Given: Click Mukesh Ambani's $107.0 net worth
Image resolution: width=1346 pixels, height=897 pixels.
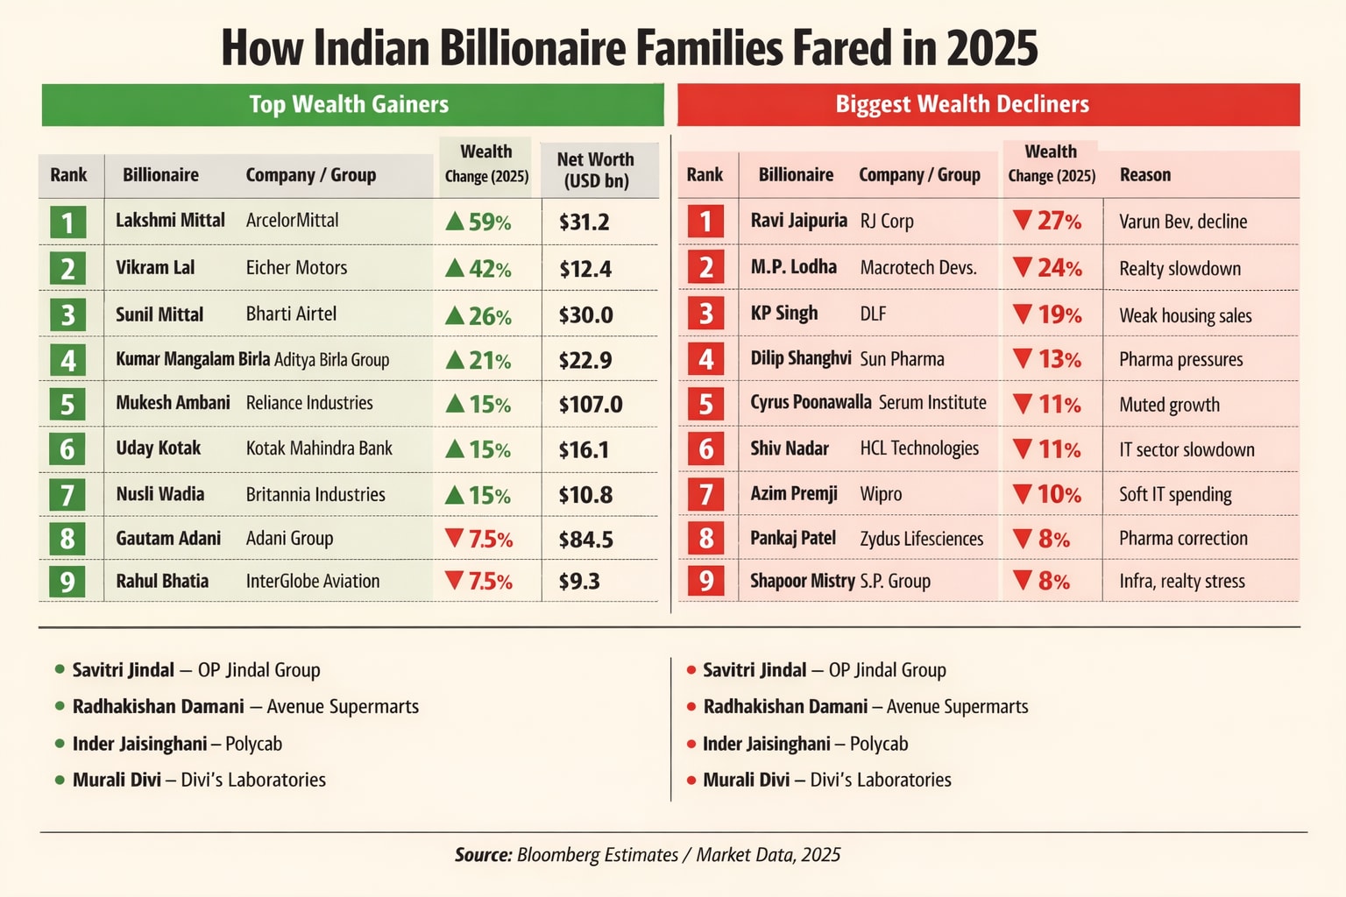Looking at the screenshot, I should pos(591,405).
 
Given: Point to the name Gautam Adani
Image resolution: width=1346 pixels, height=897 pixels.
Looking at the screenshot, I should pos(168,539).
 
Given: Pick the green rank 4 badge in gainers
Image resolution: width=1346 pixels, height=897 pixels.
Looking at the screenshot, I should pos(67,360).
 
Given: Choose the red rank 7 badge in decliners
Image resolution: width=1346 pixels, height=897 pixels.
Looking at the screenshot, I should pos(705,495).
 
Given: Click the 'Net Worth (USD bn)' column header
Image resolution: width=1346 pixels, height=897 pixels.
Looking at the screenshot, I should pos(596,170).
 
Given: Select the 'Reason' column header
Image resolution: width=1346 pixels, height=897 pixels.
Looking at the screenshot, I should pos(1145,175).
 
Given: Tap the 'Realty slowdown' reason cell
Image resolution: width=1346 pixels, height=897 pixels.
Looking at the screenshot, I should pos(1180,269).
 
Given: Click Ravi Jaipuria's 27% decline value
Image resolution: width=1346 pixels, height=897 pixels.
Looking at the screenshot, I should pos(1048,222).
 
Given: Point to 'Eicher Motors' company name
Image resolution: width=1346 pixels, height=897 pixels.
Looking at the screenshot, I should pos(296,268).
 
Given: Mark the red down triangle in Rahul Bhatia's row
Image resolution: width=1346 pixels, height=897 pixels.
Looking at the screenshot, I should pos(454,580).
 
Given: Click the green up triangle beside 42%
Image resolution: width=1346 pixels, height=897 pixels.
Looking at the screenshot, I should pos(455,268).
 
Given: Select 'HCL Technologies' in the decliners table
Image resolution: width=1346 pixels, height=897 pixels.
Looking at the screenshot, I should pos(919,448).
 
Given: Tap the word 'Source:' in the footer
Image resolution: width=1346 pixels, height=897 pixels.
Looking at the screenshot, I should pos(483,855).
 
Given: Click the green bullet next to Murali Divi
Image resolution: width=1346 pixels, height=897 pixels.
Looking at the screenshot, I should pos(60,780).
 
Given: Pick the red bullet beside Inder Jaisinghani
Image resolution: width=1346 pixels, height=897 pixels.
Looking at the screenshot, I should pos(691,744).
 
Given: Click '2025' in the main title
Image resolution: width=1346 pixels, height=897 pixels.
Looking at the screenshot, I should pos(992,48).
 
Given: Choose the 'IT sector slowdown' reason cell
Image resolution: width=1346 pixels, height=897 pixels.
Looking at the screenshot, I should pos(1187,450).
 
